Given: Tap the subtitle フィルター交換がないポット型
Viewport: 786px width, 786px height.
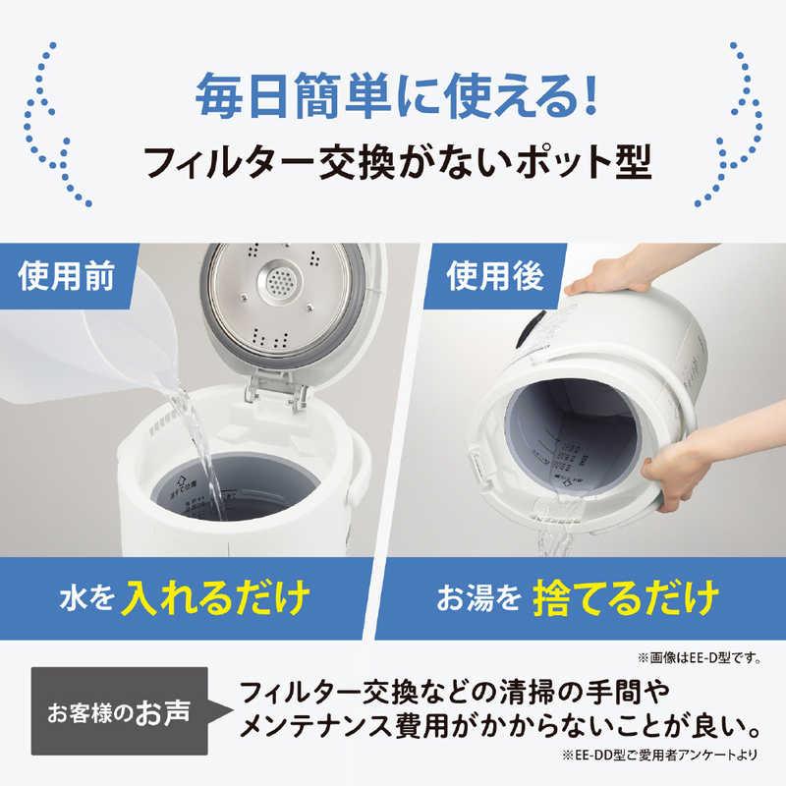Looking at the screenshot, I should coord(393,161).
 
